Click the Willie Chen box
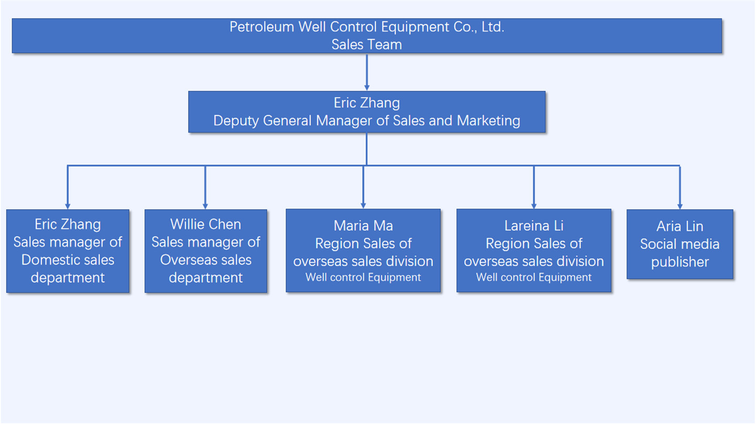click(x=206, y=251)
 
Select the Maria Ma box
click(x=363, y=250)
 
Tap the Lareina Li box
click(x=534, y=250)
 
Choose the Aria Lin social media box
click(x=680, y=244)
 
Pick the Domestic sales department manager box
click(x=68, y=251)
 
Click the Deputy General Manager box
click(x=366, y=112)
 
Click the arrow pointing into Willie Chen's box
click(x=205, y=189)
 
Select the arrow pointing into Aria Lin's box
click(x=680, y=189)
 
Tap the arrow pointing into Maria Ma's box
click(x=363, y=189)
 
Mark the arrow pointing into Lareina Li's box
click(x=534, y=189)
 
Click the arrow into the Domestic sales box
click(x=67, y=189)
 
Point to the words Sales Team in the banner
click(x=366, y=45)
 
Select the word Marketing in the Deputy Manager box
click(x=488, y=121)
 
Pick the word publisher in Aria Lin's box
click(x=680, y=262)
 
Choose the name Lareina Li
click(x=534, y=226)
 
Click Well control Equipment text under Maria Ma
click(x=363, y=277)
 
